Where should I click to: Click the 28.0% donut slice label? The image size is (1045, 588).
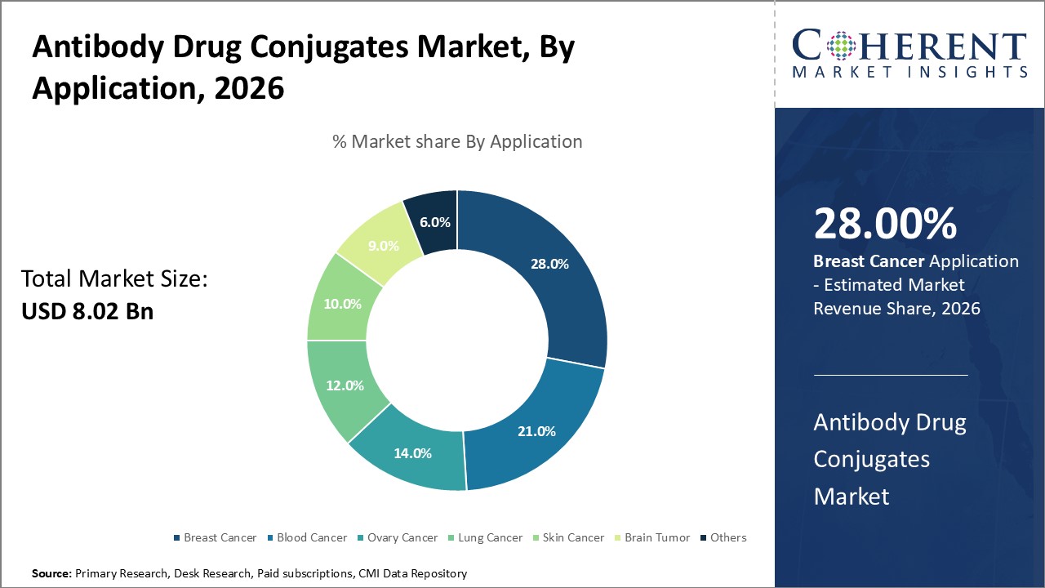click(549, 264)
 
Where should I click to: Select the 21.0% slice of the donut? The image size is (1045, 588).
click(536, 430)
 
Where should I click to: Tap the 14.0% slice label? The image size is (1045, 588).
click(411, 453)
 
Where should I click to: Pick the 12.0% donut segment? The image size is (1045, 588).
click(344, 385)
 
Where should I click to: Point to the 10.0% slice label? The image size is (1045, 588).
click(341, 304)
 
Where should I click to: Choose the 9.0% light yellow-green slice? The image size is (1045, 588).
click(384, 246)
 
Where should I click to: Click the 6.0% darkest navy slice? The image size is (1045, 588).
click(434, 222)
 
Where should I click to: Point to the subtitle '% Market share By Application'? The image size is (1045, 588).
click(457, 141)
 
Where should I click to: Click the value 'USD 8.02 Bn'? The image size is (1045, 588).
click(87, 311)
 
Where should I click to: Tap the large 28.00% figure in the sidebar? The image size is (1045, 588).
click(885, 223)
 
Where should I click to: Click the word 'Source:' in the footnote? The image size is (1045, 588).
click(51, 574)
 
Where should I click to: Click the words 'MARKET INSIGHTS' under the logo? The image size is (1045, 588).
click(909, 72)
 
